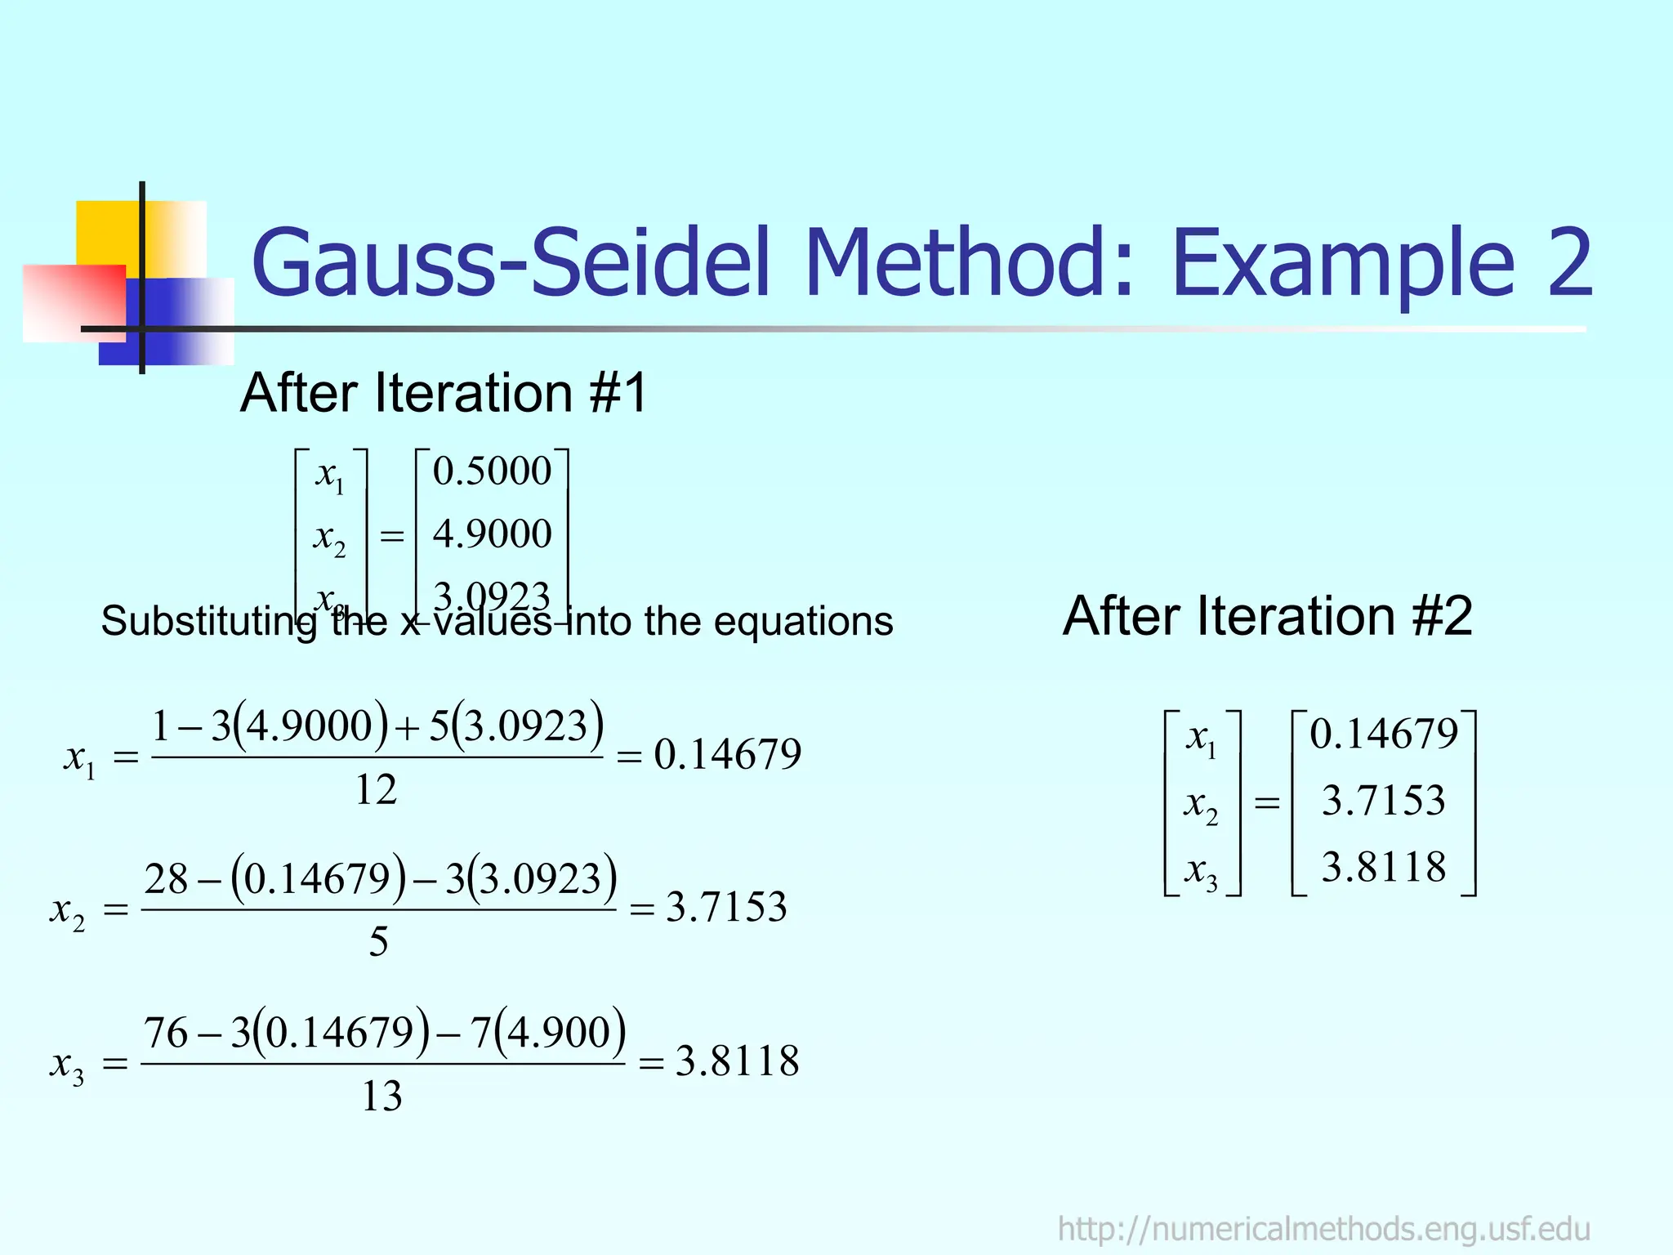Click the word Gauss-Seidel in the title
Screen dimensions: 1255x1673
point(514,263)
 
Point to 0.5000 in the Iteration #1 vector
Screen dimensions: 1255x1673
point(492,471)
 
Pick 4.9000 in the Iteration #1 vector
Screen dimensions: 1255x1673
point(492,534)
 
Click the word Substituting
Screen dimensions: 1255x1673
point(208,622)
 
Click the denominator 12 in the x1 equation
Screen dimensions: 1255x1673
point(376,790)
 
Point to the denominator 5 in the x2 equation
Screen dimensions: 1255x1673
point(378,942)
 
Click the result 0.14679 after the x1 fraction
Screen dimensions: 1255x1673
point(727,754)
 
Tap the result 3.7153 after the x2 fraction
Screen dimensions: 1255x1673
point(726,908)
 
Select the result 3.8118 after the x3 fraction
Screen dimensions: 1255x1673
point(737,1061)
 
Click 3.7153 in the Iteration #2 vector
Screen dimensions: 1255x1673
point(1383,801)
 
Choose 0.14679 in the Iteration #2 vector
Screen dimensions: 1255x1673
point(1384,734)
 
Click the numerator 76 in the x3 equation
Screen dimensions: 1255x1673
point(166,1033)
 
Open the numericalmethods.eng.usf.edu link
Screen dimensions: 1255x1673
point(1323,1229)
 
